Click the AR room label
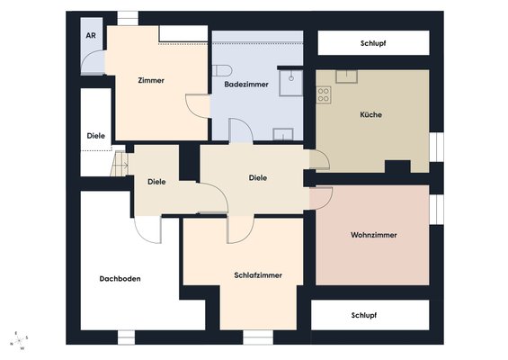91,35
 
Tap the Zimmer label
151,80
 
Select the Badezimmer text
246,85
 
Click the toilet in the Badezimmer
222,70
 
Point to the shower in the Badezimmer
291,83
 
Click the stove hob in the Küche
324,94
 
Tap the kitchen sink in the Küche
346,76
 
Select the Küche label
371,114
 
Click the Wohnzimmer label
373,235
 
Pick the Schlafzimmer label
258,275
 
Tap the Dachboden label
120,279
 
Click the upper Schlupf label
373,43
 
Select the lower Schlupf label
364,315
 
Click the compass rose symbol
19,341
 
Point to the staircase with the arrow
120,164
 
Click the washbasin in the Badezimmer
283,134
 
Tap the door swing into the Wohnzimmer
321,199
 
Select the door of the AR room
93,62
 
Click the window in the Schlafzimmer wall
258,337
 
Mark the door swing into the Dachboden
147,229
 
